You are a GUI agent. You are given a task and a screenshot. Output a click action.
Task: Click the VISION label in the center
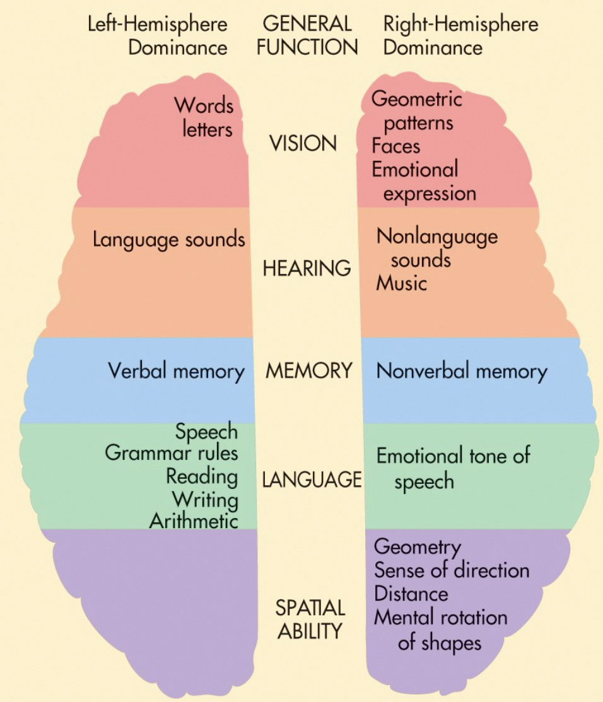(x=303, y=144)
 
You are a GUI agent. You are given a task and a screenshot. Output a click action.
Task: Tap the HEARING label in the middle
(x=307, y=268)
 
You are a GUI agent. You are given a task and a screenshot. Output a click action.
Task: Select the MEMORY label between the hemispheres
(x=308, y=371)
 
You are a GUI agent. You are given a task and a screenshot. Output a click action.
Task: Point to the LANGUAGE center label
(x=312, y=480)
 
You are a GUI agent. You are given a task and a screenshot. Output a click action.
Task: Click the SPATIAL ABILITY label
(x=310, y=619)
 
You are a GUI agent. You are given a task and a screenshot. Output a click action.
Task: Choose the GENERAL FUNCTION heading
(x=307, y=36)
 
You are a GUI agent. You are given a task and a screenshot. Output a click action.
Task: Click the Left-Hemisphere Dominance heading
(x=158, y=36)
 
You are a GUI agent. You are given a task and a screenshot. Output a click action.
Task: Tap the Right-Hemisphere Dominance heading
(x=460, y=36)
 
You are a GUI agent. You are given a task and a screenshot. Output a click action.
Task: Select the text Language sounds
(x=168, y=239)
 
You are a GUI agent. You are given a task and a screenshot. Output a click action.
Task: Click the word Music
(x=401, y=283)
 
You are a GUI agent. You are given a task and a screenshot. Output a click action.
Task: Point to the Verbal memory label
(x=176, y=371)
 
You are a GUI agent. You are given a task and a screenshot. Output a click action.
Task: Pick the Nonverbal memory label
(x=461, y=371)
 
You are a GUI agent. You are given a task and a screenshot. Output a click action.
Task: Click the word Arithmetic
(x=194, y=521)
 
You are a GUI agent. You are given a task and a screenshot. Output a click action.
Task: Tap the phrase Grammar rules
(x=172, y=452)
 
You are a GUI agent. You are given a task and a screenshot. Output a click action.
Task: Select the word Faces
(x=395, y=146)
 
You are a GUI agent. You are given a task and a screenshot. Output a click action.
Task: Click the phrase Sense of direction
(x=452, y=570)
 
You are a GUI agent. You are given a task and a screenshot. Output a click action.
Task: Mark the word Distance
(x=411, y=594)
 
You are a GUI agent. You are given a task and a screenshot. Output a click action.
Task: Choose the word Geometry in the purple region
(x=417, y=547)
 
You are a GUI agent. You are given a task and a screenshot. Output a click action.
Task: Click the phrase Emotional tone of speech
(x=453, y=468)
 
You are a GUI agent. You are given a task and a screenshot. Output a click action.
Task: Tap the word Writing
(x=205, y=499)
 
